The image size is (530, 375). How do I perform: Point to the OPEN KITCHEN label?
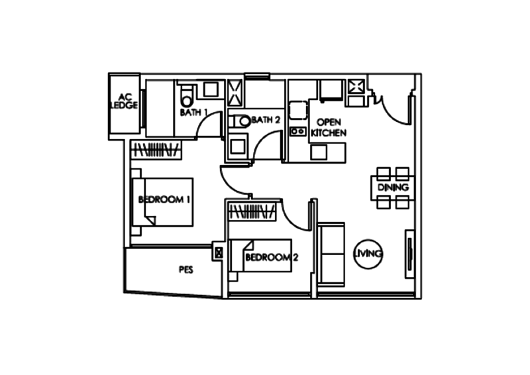pyautogui.click(x=329, y=128)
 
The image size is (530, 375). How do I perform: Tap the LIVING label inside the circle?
pyautogui.click(x=370, y=253)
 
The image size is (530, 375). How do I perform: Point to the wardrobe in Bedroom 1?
pyautogui.click(x=158, y=150)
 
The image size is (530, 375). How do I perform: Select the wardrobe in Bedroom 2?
pyautogui.click(x=251, y=212)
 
